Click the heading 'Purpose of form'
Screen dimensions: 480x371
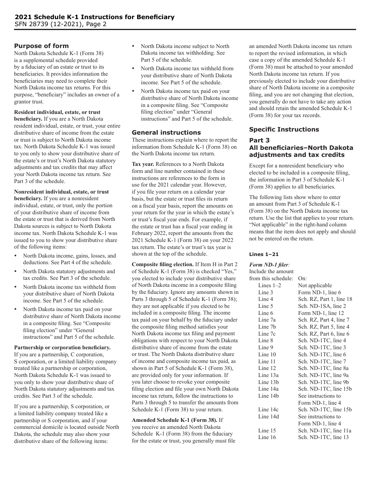(x=41, y=46)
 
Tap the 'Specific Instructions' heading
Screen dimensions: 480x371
(x=284, y=130)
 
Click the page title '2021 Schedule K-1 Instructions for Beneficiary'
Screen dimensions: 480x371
(x=95, y=17)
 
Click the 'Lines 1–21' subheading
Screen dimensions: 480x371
(x=264, y=254)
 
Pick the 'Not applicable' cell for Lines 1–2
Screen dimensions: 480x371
(x=315, y=285)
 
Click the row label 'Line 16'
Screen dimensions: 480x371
(x=267, y=437)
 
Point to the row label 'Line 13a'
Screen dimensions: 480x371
(x=268, y=375)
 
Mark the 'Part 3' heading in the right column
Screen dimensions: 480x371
(x=259, y=140)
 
